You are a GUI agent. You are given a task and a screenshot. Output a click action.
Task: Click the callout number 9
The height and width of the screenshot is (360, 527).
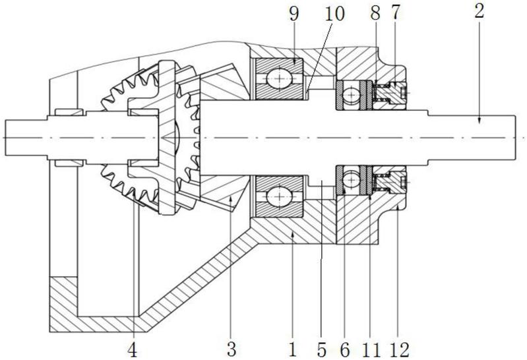pyautogui.click(x=294, y=15)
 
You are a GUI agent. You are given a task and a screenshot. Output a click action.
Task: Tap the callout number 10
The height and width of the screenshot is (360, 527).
pyautogui.click(x=334, y=15)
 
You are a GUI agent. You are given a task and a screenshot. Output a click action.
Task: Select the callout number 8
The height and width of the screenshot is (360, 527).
pyautogui.click(x=375, y=13)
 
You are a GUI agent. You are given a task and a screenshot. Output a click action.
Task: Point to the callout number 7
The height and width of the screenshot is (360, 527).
pyautogui.click(x=395, y=13)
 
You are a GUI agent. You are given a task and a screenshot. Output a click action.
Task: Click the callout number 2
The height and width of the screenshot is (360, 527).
pyautogui.click(x=480, y=11)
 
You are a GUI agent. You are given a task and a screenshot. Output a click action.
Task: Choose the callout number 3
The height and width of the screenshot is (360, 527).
pyautogui.click(x=232, y=349)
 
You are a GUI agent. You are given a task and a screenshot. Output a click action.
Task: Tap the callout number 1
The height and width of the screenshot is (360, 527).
pyautogui.click(x=292, y=349)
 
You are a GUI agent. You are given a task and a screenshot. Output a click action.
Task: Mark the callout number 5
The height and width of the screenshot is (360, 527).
pyautogui.click(x=321, y=350)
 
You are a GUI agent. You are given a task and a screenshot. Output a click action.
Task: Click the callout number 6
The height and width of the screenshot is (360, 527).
pyautogui.click(x=345, y=350)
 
